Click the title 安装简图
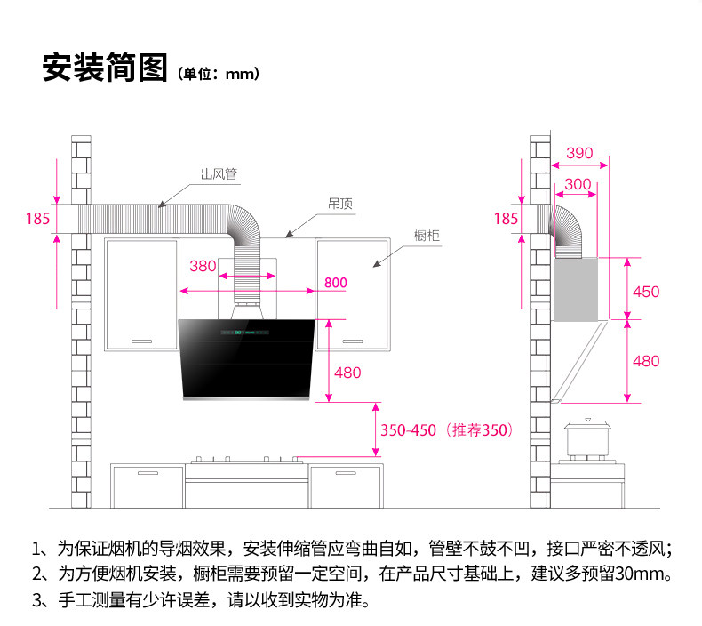105,68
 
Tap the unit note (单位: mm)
218,73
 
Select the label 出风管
218,174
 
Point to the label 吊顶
340,204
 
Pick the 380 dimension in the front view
203,266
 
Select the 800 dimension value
335,283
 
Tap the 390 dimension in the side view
579,153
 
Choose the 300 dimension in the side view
578,184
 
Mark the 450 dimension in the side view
645,291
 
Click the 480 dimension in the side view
645,361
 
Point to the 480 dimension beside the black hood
347,373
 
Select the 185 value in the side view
505,218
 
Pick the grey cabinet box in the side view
577,289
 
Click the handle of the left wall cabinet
142,341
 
